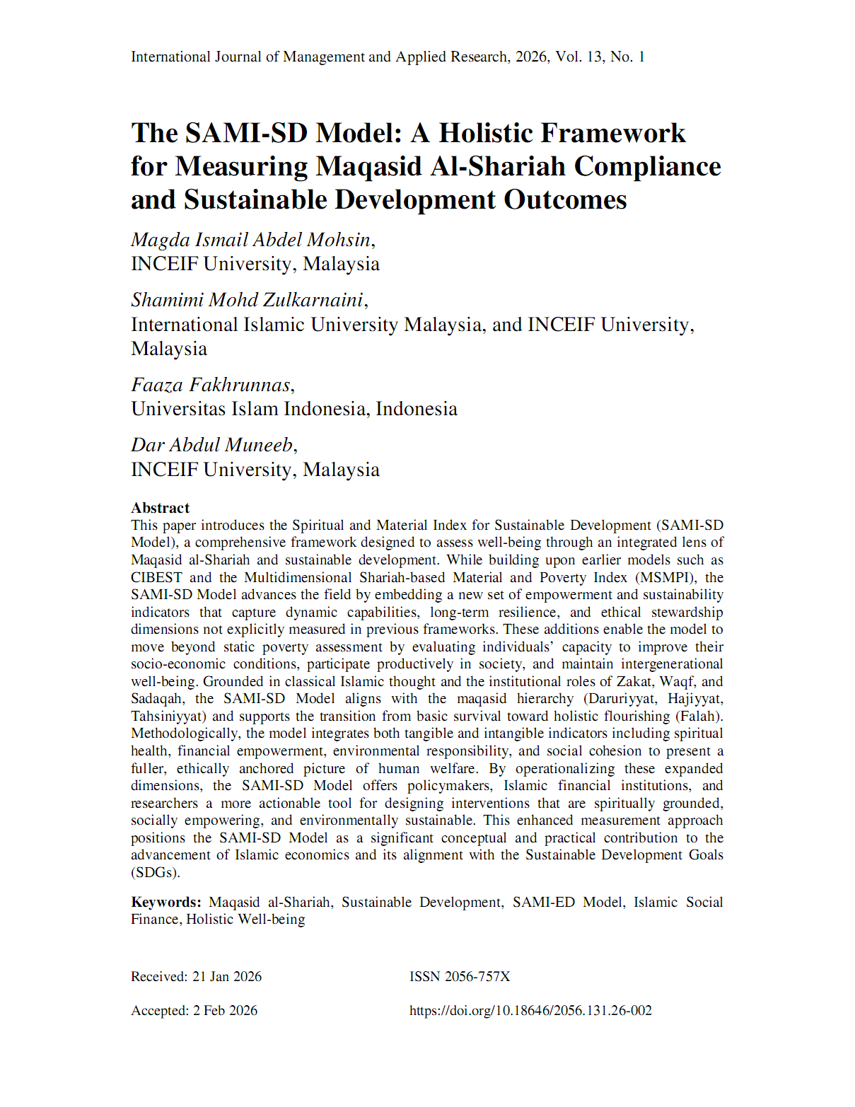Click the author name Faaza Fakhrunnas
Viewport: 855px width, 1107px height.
click(211, 385)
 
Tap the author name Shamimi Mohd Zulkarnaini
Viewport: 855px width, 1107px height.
click(247, 300)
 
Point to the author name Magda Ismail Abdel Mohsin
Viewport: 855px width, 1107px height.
click(251, 240)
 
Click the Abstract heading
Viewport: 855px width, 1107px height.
click(160, 508)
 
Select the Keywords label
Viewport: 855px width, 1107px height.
click(165, 902)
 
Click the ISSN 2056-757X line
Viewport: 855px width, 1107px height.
click(460, 977)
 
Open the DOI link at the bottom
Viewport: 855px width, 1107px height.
click(530, 1011)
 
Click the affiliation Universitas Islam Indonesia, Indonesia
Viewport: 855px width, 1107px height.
click(294, 409)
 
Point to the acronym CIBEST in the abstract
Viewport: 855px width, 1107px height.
click(156, 577)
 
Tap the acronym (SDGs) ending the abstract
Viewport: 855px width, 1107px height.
click(156, 872)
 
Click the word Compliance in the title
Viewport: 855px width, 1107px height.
click(647, 166)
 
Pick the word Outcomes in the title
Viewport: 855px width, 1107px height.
click(565, 199)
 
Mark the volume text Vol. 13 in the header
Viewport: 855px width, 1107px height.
click(579, 57)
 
